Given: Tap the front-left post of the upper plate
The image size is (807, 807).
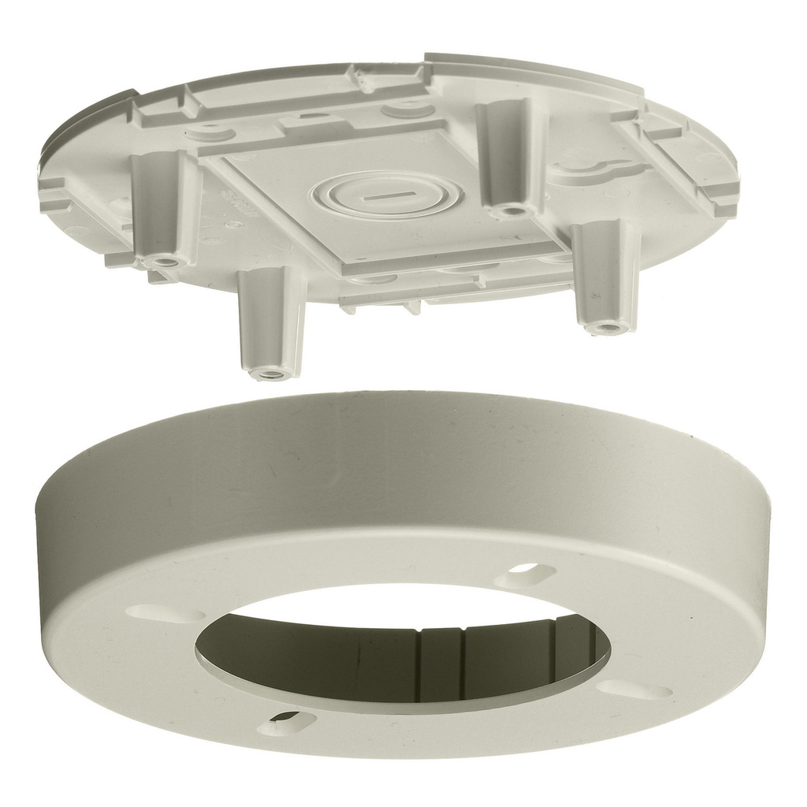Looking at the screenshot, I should [272, 319].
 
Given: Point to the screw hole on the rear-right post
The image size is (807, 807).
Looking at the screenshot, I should [512, 210].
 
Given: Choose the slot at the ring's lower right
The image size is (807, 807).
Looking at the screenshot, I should [635, 690].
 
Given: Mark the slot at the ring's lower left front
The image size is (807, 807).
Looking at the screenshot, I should [287, 720].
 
